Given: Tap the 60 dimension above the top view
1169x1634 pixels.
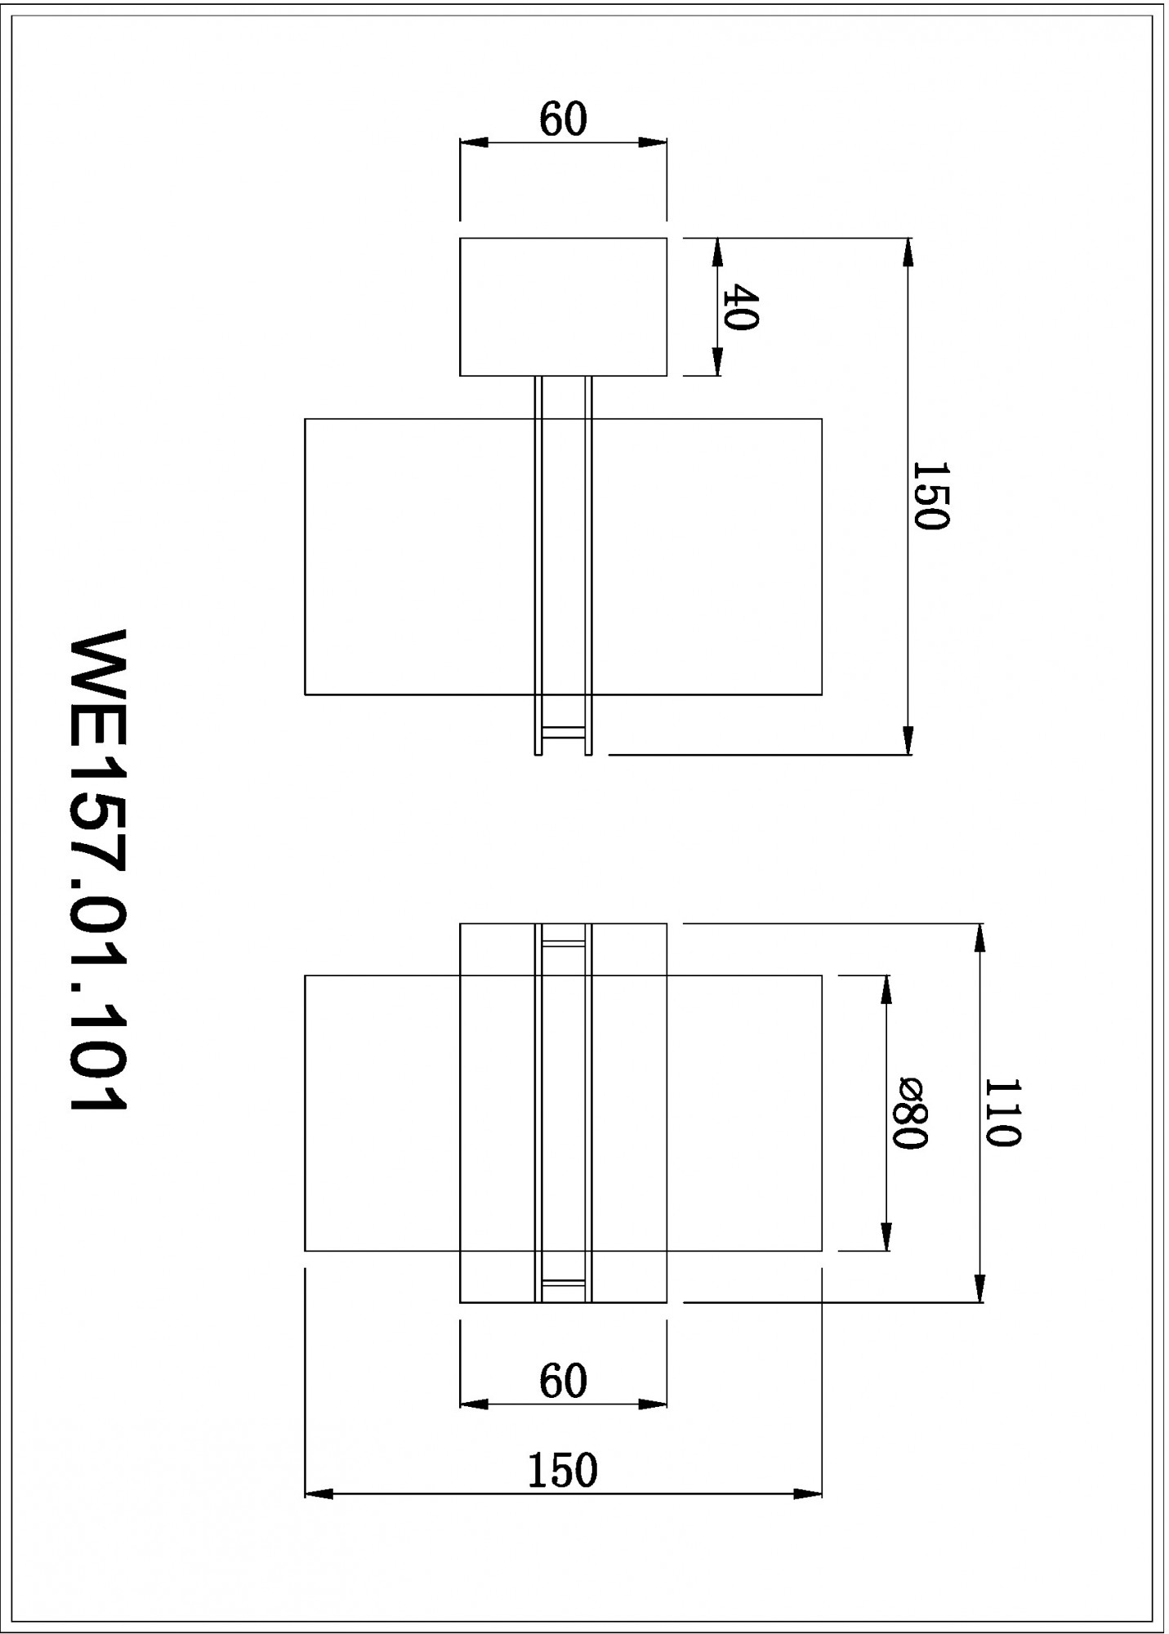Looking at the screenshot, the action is (x=563, y=120).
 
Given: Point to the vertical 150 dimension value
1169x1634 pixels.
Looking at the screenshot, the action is (x=929, y=496).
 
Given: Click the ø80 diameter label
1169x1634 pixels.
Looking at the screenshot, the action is (x=907, y=1113).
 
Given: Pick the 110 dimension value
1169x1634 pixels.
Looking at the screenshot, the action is (x=1001, y=1113).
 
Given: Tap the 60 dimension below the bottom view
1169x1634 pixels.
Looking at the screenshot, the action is (x=563, y=1382).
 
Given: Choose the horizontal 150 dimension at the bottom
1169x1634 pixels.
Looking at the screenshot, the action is (x=562, y=1471).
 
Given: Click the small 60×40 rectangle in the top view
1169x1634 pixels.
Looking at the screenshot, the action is (x=563, y=306).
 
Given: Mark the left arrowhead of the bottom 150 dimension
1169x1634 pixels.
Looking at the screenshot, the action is (x=319, y=1493).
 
